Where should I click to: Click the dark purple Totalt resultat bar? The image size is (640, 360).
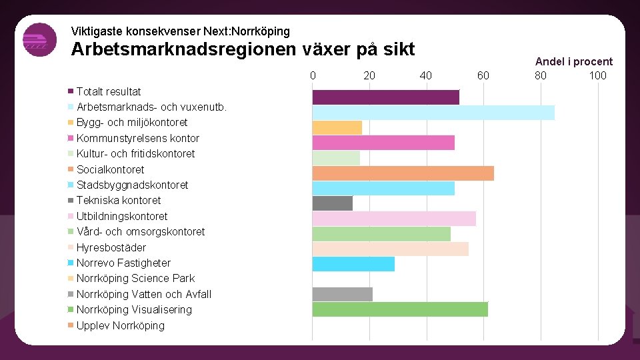pos(385,97)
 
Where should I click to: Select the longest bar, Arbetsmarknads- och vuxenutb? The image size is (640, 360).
pos(433,113)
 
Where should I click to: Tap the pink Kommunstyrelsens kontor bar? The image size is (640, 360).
pos(383,143)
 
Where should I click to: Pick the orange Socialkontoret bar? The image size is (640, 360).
pos(403,173)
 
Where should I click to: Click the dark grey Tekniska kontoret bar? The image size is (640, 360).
pos(332,203)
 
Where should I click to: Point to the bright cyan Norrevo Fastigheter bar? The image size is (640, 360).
pos(353,264)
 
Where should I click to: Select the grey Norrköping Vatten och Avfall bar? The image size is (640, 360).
pos(342,294)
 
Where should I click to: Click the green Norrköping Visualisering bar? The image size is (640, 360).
pos(400,309)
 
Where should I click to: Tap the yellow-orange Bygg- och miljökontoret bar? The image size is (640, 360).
pos(337,127)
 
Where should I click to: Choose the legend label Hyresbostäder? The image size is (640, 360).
pos(111,247)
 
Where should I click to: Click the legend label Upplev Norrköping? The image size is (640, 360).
pos(120,325)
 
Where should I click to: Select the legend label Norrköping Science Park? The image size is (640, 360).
pos(135,278)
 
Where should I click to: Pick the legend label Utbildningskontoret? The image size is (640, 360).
pos(122,216)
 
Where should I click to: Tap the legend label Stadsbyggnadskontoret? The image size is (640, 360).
pos(132,185)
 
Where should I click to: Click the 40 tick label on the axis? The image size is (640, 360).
pos(426,75)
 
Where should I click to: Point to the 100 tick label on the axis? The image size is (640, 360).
pos(597,75)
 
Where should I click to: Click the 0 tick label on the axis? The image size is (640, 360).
pos(313,75)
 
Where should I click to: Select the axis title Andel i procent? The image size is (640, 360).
pos(573,61)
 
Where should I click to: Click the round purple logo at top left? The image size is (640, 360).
pos(39,40)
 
